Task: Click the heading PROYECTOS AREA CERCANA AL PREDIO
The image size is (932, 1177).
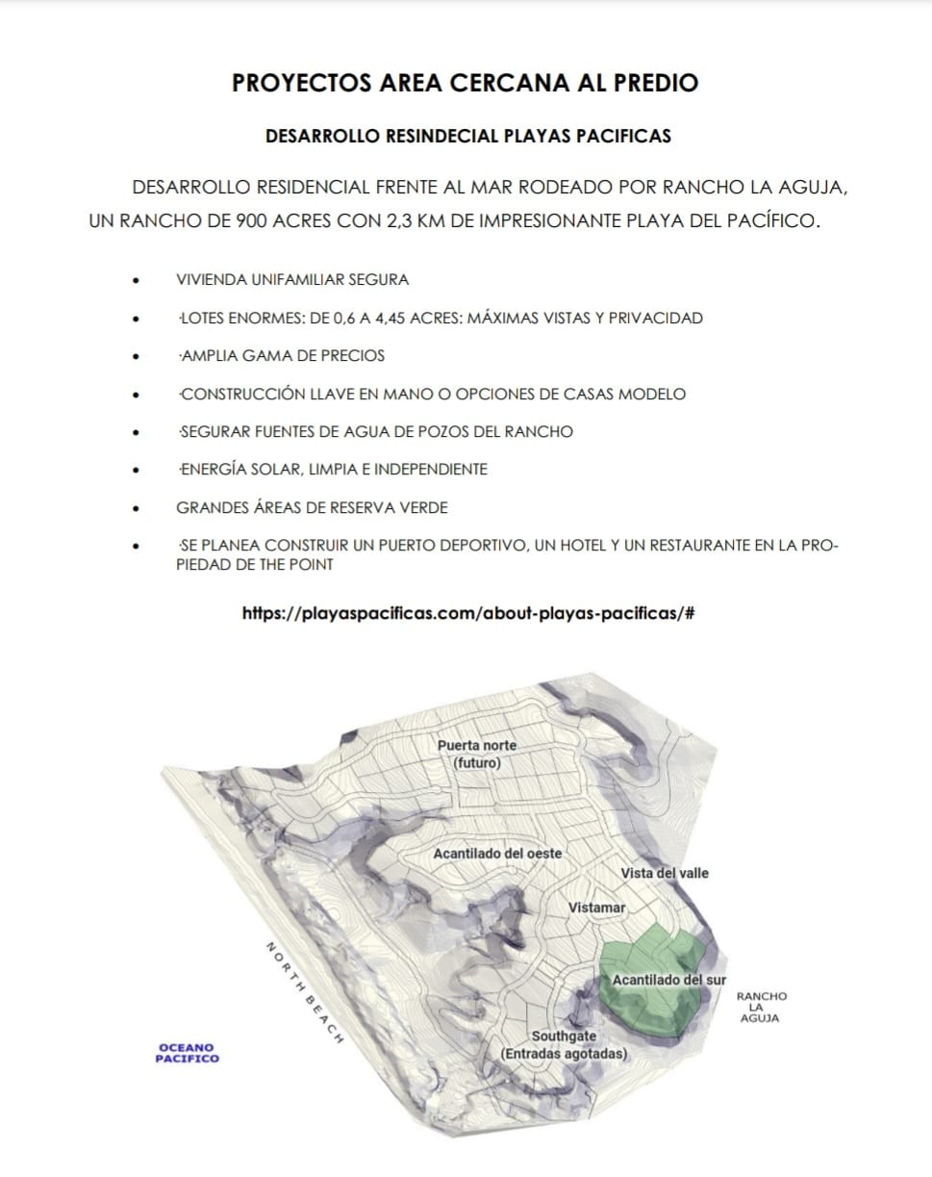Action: click(466, 83)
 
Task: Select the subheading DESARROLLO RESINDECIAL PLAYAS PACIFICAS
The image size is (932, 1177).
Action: click(467, 136)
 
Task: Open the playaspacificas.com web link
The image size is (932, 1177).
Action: click(468, 612)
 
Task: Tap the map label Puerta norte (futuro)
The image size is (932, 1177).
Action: click(477, 754)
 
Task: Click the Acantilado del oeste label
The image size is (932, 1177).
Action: click(497, 854)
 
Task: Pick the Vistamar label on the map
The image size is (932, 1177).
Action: click(596, 908)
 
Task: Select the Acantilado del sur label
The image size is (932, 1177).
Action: click(669, 980)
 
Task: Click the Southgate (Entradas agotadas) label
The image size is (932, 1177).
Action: click(564, 1045)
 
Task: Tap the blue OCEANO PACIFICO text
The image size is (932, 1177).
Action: click(188, 1053)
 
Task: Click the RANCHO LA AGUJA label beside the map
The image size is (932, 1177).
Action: click(760, 1007)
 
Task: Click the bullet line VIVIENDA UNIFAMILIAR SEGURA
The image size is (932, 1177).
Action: click(292, 280)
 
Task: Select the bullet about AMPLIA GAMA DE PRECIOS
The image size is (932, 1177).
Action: click(282, 356)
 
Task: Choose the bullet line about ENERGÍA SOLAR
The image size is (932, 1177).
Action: click(333, 470)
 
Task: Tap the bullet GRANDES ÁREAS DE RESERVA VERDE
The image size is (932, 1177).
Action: click(312, 507)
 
